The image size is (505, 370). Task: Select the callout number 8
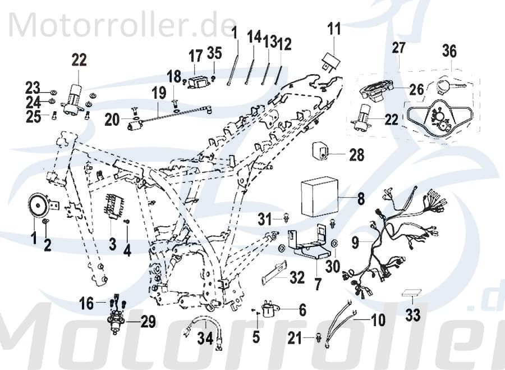click(x=361, y=198)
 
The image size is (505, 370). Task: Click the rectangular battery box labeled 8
click(x=318, y=196)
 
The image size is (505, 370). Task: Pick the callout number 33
click(x=412, y=316)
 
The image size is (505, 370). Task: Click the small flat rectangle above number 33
click(x=412, y=293)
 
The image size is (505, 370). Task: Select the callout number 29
click(x=148, y=322)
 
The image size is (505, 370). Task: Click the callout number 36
click(x=449, y=52)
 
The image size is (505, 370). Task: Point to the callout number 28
click(x=357, y=155)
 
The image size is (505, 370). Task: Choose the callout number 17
click(x=195, y=56)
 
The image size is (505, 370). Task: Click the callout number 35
click(x=214, y=53)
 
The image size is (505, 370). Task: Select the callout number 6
click(x=302, y=309)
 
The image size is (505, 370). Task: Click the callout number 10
click(x=378, y=321)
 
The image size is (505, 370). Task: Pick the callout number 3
click(x=112, y=245)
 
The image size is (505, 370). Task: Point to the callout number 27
click(x=398, y=49)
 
